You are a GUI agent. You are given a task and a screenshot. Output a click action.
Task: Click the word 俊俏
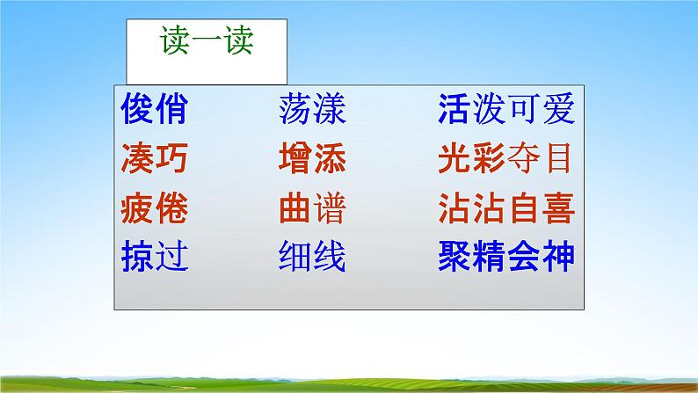[x=154, y=111]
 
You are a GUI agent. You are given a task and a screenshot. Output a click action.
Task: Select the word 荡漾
[x=311, y=111]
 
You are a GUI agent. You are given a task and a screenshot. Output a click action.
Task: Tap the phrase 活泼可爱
[x=505, y=111]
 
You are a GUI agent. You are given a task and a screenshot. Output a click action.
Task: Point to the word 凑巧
[x=154, y=160]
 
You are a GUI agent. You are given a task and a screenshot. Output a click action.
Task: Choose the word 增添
[x=311, y=160]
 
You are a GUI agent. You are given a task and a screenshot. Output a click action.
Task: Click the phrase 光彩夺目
[x=505, y=160]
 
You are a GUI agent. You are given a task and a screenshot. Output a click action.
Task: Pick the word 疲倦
[x=154, y=209]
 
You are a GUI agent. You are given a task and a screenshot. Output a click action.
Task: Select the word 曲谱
[x=311, y=209]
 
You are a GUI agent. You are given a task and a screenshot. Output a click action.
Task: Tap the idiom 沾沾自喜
[x=505, y=209]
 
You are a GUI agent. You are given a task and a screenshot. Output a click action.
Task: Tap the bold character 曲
[x=294, y=209]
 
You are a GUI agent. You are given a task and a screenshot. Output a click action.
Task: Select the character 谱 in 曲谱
[x=329, y=209]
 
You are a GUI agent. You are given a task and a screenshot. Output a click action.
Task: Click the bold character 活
[x=454, y=111]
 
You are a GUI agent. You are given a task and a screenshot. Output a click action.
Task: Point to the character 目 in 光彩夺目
[x=557, y=160]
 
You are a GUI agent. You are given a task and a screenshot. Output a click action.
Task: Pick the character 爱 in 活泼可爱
[x=557, y=111]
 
